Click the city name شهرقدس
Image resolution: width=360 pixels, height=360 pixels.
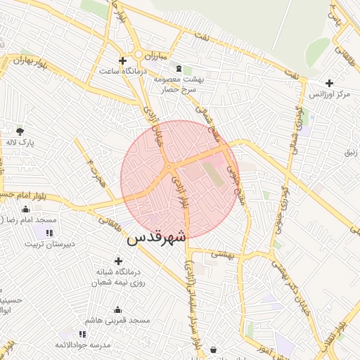click(x=156, y=238)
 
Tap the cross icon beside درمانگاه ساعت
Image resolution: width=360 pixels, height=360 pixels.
click(x=123, y=60)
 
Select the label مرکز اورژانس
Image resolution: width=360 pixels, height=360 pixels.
click(x=333, y=94)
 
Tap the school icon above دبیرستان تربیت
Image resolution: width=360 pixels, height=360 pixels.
click(x=49, y=233)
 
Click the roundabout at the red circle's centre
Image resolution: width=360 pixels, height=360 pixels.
click(x=170, y=167)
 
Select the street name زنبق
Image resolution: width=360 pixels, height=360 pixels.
click(x=349, y=152)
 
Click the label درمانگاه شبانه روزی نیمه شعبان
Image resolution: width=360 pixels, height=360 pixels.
click(x=119, y=277)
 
